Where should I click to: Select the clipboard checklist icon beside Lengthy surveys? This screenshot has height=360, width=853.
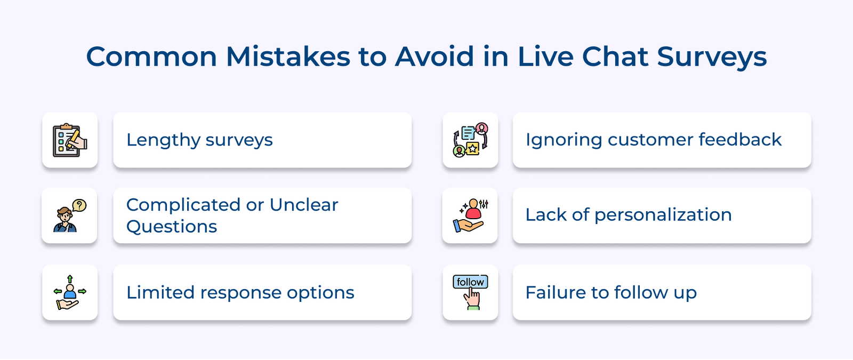pos(70,140)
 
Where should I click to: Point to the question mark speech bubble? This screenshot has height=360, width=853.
pos(79,205)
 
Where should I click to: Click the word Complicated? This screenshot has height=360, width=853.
pos(183,205)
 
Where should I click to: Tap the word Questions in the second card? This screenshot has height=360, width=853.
pos(172,227)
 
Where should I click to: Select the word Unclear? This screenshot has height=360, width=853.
pos(304,205)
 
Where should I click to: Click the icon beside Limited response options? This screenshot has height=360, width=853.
pos(70,293)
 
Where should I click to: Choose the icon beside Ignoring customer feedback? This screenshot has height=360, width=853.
pos(470,140)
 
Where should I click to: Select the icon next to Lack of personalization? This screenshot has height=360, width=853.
pos(470,215)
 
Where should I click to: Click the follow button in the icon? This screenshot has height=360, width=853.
pos(470,282)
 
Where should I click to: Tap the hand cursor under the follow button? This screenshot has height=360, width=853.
pos(472,299)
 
